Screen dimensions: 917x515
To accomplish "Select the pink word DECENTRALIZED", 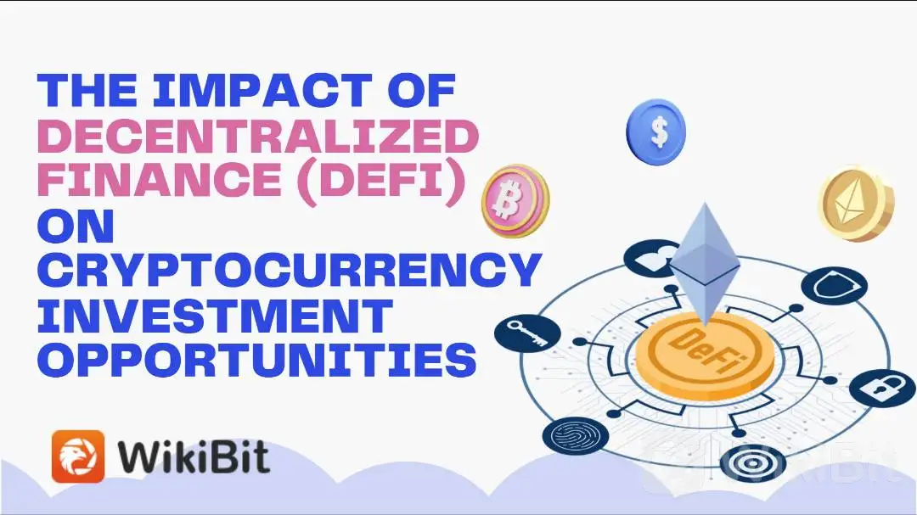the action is (x=258, y=136).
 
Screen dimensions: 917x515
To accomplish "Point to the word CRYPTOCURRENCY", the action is (x=289, y=270).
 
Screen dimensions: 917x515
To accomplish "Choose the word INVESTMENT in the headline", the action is (x=215, y=315).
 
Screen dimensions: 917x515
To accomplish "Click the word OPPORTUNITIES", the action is (x=256, y=359).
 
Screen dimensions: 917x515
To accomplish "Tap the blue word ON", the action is (x=76, y=225).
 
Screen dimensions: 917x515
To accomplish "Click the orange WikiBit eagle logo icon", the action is (x=78, y=456).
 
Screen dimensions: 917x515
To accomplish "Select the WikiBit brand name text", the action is (x=194, y=457).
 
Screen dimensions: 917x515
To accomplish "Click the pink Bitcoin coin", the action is (x=515, y=200).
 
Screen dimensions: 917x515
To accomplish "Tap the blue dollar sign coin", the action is (x=656, y=132).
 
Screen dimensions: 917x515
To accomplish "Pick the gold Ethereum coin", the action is (x=856, y=204).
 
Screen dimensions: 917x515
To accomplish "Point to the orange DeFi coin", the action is (x=704, y=355).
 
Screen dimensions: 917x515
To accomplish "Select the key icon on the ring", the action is (x=527, y=333).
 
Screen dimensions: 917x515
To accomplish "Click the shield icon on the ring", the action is (x=834, y=286).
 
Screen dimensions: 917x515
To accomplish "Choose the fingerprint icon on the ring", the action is (x=576, y=435).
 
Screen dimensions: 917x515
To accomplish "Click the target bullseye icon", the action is (x=752, y=463).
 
